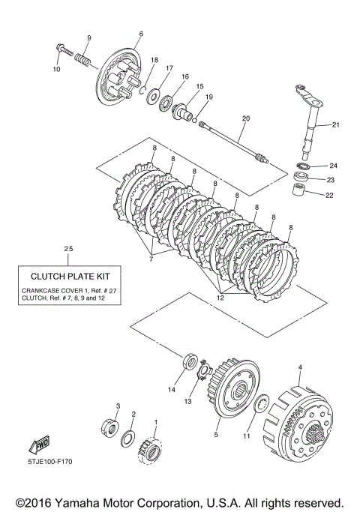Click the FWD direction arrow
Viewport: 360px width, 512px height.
[40, 445]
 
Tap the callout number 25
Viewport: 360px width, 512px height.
[68, 249]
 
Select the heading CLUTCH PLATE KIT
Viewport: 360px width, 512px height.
[70, 277]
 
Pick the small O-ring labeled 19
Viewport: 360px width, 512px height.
[194, 121]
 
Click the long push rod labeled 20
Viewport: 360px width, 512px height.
[233, 142]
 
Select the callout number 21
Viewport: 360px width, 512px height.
[336, 124]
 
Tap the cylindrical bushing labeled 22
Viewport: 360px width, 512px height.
[298, 190]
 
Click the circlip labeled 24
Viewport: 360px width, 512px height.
[304, 166]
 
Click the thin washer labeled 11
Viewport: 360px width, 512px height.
[261, 404]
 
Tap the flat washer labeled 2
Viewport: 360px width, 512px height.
[128, 439]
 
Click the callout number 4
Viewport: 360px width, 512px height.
[300, 367]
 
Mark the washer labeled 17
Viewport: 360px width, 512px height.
[153, 96]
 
